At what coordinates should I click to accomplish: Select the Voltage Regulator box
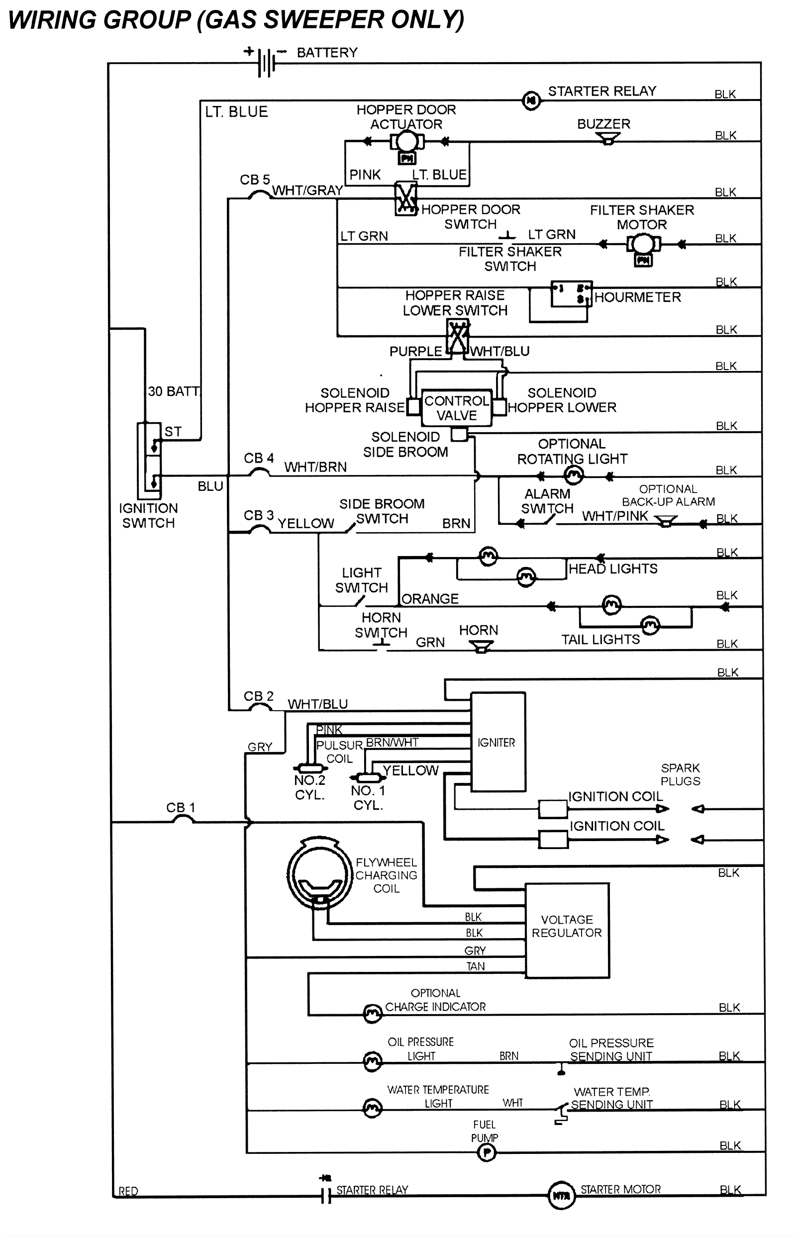567,930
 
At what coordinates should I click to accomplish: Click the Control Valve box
456,408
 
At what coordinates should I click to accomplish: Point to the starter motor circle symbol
561,1195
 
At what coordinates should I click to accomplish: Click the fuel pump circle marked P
487,1152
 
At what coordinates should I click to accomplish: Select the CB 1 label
181,807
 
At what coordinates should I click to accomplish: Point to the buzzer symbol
607,138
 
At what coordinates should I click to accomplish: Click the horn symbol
481,647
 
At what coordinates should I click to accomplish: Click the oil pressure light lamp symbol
372,1062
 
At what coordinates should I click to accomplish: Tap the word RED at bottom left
128,1191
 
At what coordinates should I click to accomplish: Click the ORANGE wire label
430,598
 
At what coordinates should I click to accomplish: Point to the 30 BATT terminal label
174,391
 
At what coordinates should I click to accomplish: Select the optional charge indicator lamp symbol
372,1014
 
